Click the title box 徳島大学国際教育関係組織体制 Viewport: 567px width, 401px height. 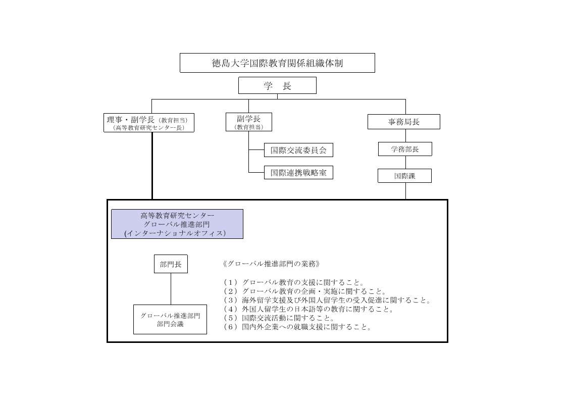pyautogui.click(x=277, y=63)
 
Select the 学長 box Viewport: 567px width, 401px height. pyautogui.click(x=277, y=85)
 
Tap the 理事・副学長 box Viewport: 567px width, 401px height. pyautogui.click(x=149, y=123)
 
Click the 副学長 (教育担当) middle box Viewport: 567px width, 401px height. pyautogui.click(x=249, y=122)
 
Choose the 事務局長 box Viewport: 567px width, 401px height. pyautogui.click(x=404, y=122)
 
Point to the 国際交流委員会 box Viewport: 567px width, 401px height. pyautogui.click(x=298, y=150)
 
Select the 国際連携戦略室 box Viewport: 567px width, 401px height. pyautogui.click(x=298, y=173)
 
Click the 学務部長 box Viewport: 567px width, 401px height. pyautogui.click(x=405, y=149)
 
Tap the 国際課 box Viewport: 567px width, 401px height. pyautogui.click(x=404, y=176)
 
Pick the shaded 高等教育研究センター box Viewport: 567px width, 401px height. pyautogui.click(x=177, y=224)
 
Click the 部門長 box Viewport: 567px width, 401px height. pyautogui.click(x=171, y=264)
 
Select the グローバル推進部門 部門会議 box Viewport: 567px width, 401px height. pyautogui.click(x=170, y=320)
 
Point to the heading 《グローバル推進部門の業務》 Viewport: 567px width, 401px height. pyautogui.click(x=272, y=264)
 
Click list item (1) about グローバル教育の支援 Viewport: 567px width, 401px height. pyautogui.click(x=294, y=282)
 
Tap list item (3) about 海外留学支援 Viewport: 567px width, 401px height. pyautogui.click(x=327, y=300)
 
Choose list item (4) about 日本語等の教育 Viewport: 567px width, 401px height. pyautogui.click(x=308, y=309)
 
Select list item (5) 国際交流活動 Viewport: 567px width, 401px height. pyautogui.click(x=279, y=318)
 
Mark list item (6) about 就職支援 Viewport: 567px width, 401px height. pyautogui.click(x=297, y=327)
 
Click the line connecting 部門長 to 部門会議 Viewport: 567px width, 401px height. pyautogui.click(x=171, y=289)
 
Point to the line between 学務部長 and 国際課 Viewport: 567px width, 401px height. pyautogui.click(x=405, y=162)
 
